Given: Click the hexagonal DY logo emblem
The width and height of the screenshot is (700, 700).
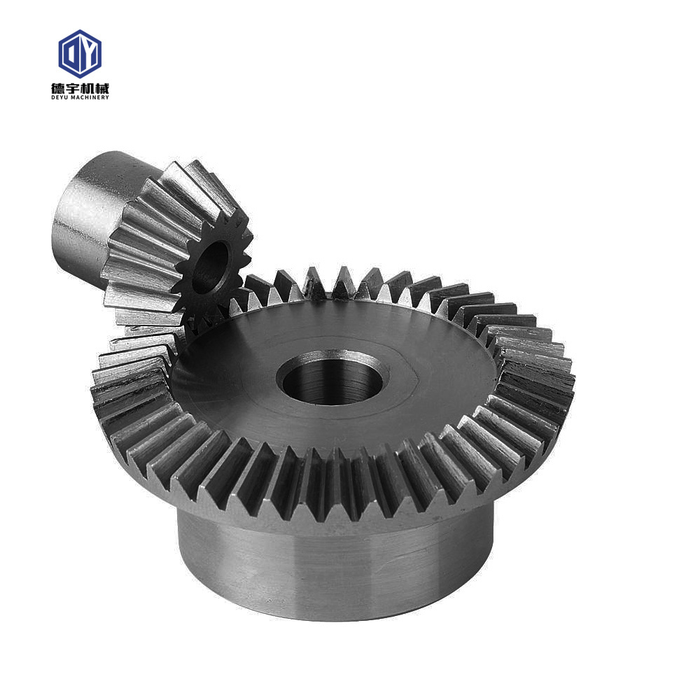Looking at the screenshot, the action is (x=80, y=54).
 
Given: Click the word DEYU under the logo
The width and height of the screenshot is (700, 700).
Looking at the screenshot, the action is (x=60, y=97).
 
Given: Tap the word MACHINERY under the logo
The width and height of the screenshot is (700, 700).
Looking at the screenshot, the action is (x=90, y=97).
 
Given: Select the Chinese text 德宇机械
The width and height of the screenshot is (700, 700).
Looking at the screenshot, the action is (x=80, y=87).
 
